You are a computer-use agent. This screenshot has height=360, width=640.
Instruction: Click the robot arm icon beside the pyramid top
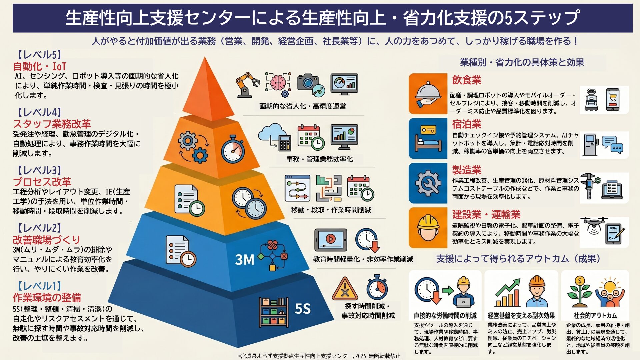(248, 85)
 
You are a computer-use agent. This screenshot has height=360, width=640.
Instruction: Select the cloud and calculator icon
(274, 137)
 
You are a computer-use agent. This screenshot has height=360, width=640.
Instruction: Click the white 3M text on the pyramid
(245, 260)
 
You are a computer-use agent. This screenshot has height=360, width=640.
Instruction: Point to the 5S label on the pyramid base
(303, 309)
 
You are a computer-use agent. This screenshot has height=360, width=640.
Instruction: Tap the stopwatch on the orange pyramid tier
(233, 150)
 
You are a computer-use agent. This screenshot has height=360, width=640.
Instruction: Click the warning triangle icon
(345, 289)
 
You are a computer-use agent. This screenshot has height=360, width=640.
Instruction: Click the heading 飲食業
(467, 80)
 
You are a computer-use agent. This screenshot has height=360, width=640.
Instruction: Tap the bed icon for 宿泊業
(428, 138)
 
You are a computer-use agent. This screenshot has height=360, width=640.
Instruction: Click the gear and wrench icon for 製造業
(428, 183)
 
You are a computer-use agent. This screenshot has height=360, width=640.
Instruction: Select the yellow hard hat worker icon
(428, 228)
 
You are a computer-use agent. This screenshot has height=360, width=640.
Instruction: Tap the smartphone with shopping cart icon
(613, 100)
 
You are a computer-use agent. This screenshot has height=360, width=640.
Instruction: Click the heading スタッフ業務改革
(52, 124)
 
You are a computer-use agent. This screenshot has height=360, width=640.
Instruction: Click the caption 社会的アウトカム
(595, 315)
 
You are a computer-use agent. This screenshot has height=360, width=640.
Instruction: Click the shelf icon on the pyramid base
(274, 312)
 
